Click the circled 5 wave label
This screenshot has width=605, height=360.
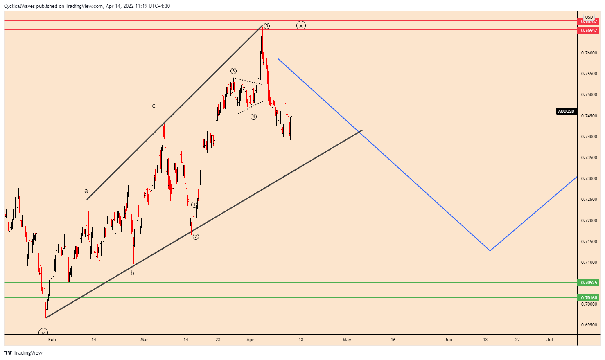pos(266,26)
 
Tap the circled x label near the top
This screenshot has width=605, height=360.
pos(301,26)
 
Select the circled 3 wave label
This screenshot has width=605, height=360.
pos(233,71)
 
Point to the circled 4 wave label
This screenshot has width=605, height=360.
pos(254,117)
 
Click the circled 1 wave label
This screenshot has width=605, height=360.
pos(194,205)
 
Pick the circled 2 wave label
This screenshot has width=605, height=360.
pos(196,236)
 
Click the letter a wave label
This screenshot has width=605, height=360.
pos(86,191)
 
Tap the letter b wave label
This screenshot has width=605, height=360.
pos(132,273)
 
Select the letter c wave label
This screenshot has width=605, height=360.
pos(154,106)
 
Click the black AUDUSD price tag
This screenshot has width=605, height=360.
pos(566,111)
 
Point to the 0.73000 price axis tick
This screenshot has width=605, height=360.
pos(589,179)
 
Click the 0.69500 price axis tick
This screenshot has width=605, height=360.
pos(589,325)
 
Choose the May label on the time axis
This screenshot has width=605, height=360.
pos(347,340)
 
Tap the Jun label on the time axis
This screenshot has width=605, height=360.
pos(448,340)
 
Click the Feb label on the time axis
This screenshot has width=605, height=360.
pos(52,340)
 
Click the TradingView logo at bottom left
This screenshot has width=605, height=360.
pos(23,353)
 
